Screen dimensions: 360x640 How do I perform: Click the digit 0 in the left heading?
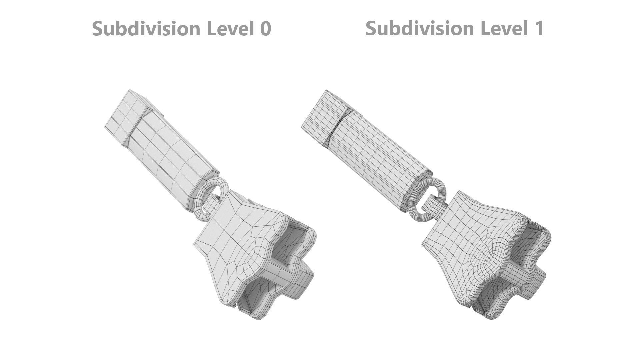[265, 28]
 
